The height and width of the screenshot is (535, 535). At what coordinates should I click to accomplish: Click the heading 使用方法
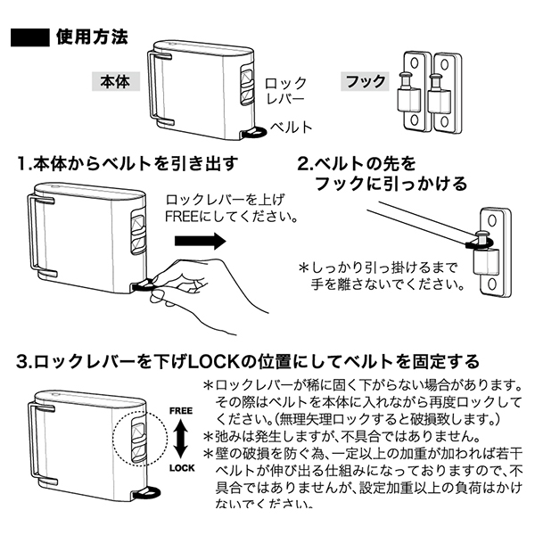point(91,37)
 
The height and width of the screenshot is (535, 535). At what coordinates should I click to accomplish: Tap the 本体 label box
point(115,82)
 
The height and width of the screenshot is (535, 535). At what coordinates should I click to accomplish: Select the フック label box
point(366,82)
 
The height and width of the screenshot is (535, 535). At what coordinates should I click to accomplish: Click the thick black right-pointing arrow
point(198,241)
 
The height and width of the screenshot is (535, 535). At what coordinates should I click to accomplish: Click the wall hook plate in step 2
point(492,251)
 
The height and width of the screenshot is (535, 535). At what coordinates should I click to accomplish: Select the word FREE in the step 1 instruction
point(185,216)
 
